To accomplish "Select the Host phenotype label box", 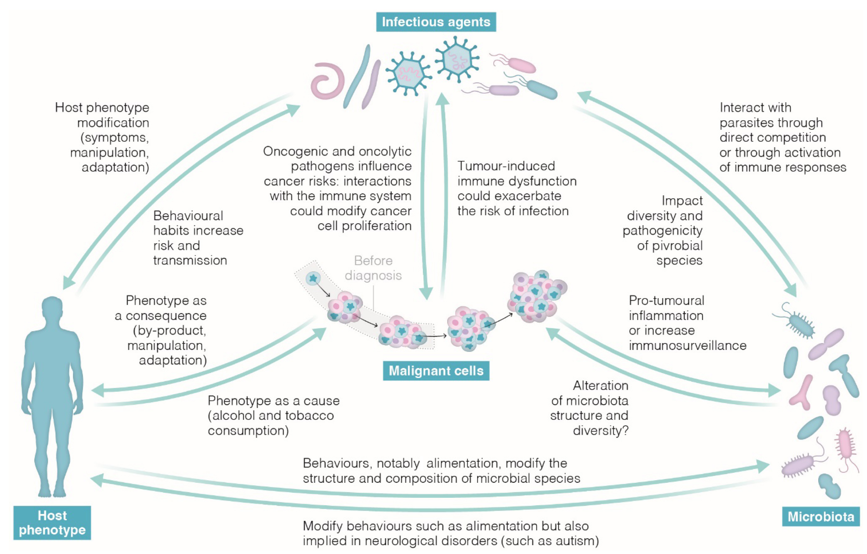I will point(52,523).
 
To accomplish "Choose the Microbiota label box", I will point(821,517).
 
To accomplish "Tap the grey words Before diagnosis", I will point(373,268).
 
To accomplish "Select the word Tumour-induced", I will point(506,166).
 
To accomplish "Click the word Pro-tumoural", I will point(666,301).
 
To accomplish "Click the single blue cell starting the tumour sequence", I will point(313,278).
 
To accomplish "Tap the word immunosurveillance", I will point(687,346).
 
